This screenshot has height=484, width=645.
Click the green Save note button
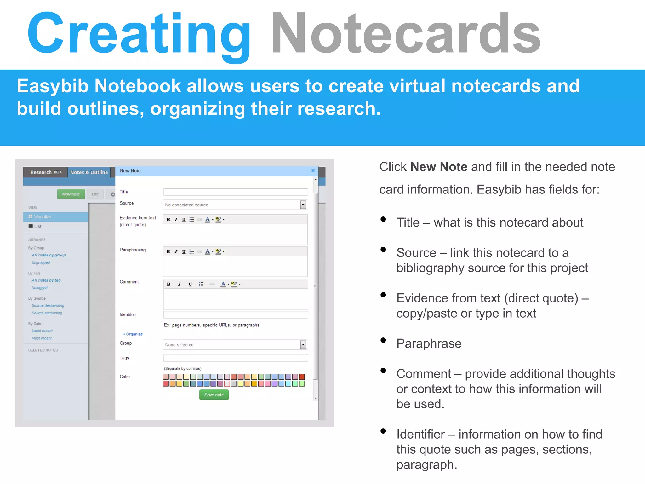click(x=214, y=395)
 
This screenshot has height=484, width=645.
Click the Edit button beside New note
click(x=95, y=194)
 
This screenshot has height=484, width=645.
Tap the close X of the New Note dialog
click(x=313, y=170)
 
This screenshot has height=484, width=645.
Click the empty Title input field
click(x=235, y=192)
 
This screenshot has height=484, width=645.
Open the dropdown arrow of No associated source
click(x=303, y=205)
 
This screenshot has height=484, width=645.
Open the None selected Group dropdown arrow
click(x=303, y=345)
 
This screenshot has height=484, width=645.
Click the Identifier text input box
click(x=235, y=314)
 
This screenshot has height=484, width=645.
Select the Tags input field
click(x=235, y=358)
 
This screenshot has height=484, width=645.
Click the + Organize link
click(x=133, y=334)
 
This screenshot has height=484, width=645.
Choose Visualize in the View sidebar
click(x=42, y=217)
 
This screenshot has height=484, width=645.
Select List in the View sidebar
click(x=37, y=226)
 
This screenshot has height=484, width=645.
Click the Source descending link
click(x=48, y=306)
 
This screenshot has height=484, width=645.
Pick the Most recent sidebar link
click(x=42, y=338)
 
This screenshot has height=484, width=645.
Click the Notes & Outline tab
click(x=89, y=172)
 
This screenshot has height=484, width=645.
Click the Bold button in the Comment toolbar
click(x=168, y=284)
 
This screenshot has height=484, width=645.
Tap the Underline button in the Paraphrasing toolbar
click(x=184, y=251)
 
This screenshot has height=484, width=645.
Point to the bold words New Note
click(x=439, y=167)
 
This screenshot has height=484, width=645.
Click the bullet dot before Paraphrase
click(x=383, y=340)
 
